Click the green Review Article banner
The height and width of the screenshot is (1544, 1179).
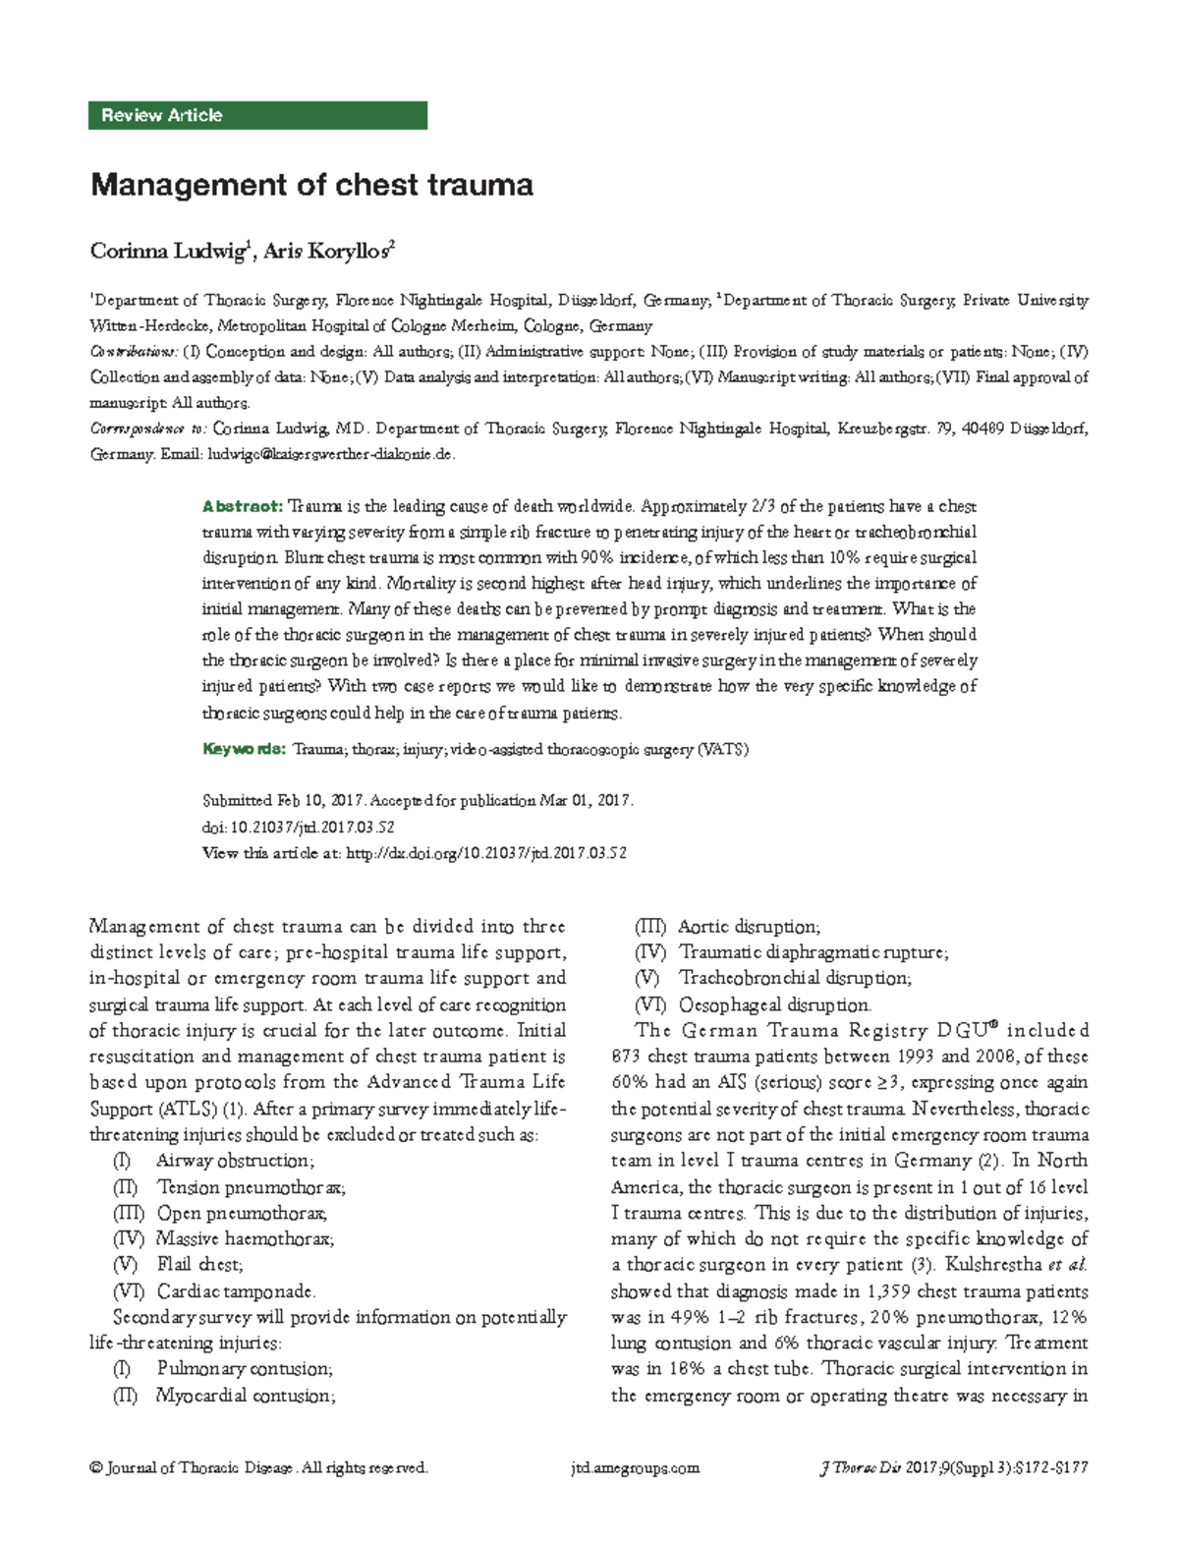pos(257,115)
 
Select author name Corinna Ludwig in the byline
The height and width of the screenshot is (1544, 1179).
pos(167,252)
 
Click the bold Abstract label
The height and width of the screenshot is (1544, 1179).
pos(242,506)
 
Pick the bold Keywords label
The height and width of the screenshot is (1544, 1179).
pos(244,749)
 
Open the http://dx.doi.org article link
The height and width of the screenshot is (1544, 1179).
pos(486,853)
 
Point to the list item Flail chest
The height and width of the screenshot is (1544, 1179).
pos(199,1264)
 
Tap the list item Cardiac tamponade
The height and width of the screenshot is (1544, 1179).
pos(236,1290)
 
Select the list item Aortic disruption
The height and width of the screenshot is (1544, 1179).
pos(749,927)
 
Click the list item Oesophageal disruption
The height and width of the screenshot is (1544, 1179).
pos(774,1004)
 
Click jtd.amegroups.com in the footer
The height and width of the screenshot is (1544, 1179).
pos(635,1468)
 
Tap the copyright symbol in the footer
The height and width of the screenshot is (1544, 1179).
pos(95,1468)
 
